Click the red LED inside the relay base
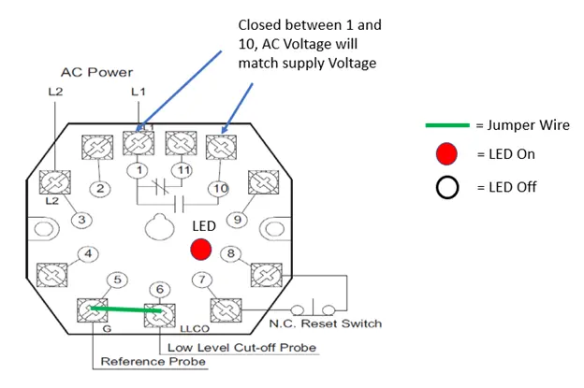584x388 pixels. pyautogui.click(x=200, y=250)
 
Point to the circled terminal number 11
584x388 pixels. pyautogui.click(x=183, y=170)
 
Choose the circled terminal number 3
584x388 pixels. pyautogui.click(x=83, y=220)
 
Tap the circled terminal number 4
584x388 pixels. pyautogui.click(x=89, y=253)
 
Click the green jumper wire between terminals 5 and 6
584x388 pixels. pyautogui.click(x=126, y=309)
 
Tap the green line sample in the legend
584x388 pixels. pyautogui.click(x=446, y=125)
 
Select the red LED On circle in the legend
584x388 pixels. pyautogui.click(x=447, y=154)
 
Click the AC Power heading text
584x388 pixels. pyautogui.click(x=97, y=71)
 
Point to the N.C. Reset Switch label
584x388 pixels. pyautogui.click(x=325, y=324)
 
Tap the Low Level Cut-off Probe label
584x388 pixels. pyautogui.click(x=241, y=347)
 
